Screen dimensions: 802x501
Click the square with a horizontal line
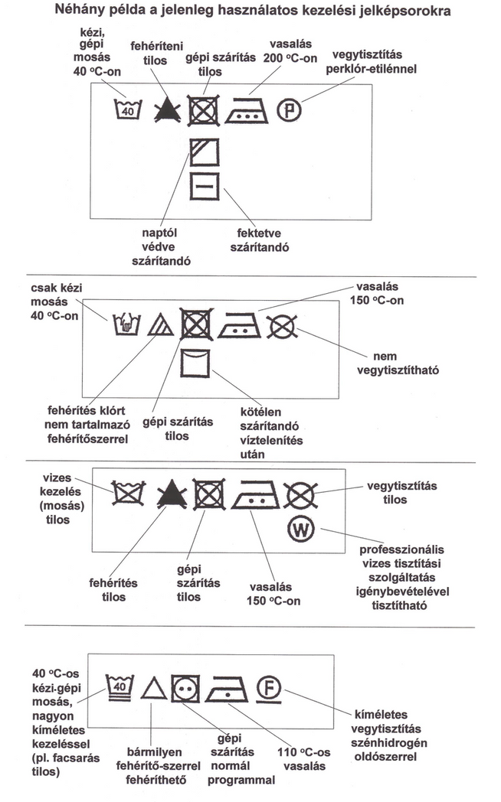pyautogui.click(x=205, y=187)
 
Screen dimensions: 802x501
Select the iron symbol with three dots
pyautogui.click(x=245, y=111)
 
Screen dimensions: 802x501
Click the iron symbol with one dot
pyautogui.click(x=228, y=686)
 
